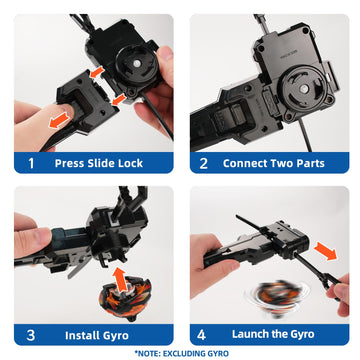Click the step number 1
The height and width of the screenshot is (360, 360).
pyautogui.click(x=30, y=162)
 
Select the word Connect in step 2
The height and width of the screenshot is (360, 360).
pyautogui.click(x=252, y=162)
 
